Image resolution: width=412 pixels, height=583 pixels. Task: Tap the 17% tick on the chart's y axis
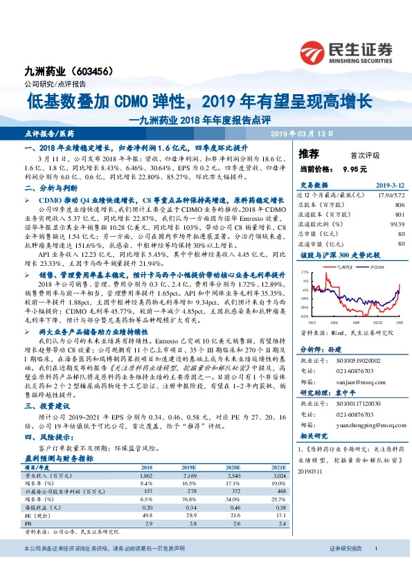(x=305, y=273)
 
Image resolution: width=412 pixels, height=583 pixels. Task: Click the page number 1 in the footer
(x=375, y=568)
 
